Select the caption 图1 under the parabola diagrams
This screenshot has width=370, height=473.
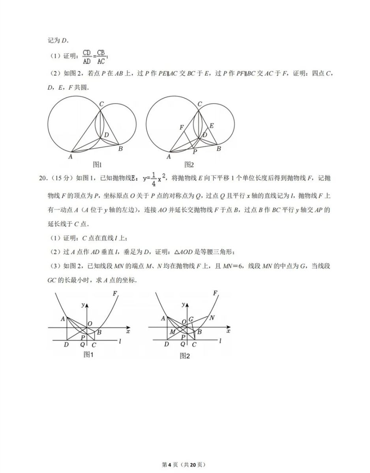(88, 354)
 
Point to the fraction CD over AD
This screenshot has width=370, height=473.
(86, 56)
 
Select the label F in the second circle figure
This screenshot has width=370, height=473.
(181, 127)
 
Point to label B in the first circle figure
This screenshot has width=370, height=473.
(120, 149)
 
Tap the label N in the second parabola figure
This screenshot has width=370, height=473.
(212, 318)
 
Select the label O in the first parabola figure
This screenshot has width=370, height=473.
(90, 324)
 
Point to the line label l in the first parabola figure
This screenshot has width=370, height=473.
(120, 341)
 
